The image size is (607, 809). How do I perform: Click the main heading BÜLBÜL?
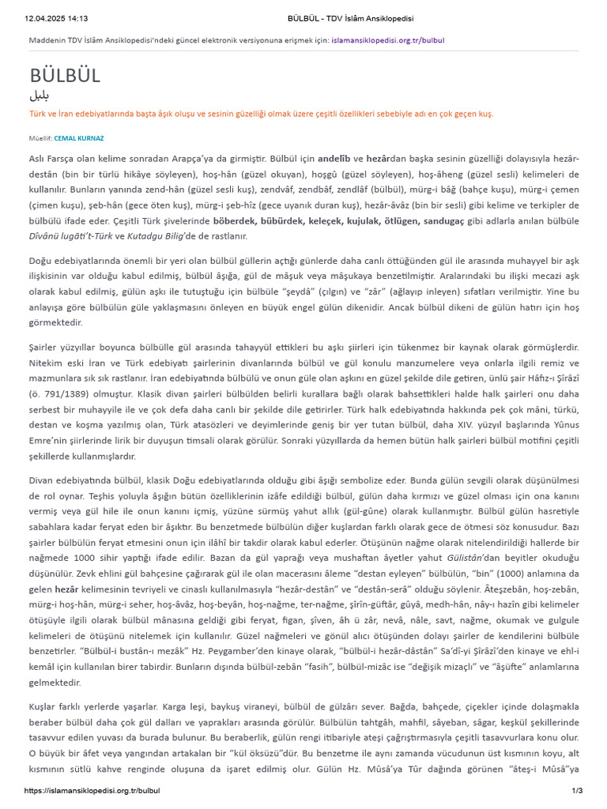(65, 76)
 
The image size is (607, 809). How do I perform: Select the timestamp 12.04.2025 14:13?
(57, 18)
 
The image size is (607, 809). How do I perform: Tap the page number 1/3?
(576, 790)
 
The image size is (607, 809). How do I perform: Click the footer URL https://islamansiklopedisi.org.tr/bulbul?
(92, 790)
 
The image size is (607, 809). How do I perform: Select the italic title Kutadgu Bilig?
(158, 235)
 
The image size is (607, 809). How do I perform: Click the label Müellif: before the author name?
(40, 138)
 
